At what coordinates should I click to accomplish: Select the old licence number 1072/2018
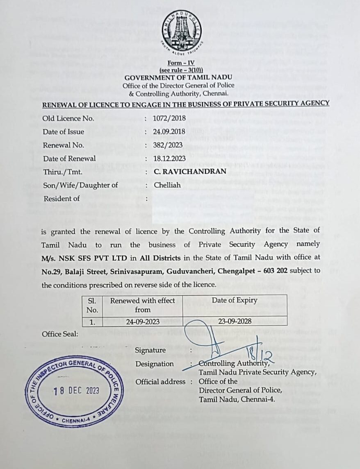[170, 118]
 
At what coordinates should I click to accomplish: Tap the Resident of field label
[62, 198]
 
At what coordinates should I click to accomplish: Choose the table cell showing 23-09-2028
[235, 322]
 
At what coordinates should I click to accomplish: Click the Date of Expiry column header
[235, 300]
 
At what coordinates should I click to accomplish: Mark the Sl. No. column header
[92, 305]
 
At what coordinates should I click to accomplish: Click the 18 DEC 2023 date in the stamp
[76, 390]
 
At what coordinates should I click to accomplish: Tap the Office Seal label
[60, 334]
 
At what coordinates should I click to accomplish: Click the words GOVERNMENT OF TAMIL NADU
[178, 77]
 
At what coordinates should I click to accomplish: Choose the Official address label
[161, 381]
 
